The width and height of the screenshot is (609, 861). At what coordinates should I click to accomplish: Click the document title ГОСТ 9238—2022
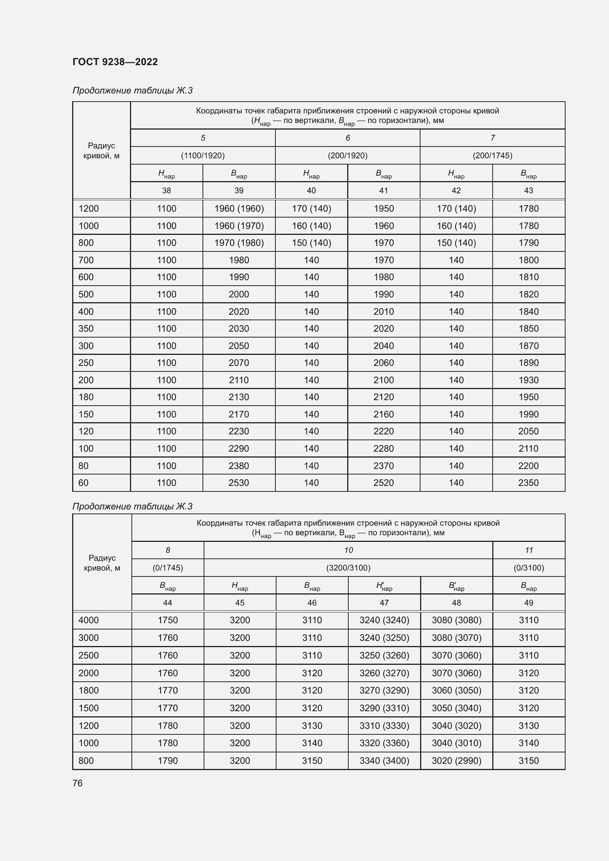click(115, 62)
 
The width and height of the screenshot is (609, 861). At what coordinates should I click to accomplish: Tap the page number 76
click(78, 783)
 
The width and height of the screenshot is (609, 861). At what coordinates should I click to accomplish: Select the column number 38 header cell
click(166, 191)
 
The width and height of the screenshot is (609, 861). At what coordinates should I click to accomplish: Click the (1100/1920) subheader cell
click(203, 155)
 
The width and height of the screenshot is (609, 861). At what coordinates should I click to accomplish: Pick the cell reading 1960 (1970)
click(239, 226)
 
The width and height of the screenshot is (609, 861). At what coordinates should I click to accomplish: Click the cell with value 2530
click(239, 483)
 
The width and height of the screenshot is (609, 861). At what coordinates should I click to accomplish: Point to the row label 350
click(86, 328)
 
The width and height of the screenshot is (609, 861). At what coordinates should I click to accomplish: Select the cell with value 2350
click(528, 483)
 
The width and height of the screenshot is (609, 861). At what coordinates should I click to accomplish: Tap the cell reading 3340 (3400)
click(384, 761)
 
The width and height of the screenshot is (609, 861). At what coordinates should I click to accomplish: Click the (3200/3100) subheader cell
click(348, 568)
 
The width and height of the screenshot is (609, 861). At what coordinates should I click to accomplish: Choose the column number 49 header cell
click(529, 603)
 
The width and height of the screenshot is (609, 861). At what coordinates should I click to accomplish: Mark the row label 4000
click(88, 620)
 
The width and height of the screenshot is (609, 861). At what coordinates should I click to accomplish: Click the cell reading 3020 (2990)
click(456, 761)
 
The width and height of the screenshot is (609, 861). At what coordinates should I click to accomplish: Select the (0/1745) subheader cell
click(168, 568)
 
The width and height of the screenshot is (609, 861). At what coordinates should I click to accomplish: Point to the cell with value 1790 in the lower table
click(168, 761)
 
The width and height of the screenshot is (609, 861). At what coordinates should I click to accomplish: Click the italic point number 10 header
click(348, 550)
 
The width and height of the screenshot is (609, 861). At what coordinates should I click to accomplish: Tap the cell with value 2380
click(239, 466)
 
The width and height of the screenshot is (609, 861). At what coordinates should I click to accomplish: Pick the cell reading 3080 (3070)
click(456, 638)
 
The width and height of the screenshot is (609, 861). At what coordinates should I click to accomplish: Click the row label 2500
click(88, 655)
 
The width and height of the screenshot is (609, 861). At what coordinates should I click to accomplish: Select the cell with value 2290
click(239, 448)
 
